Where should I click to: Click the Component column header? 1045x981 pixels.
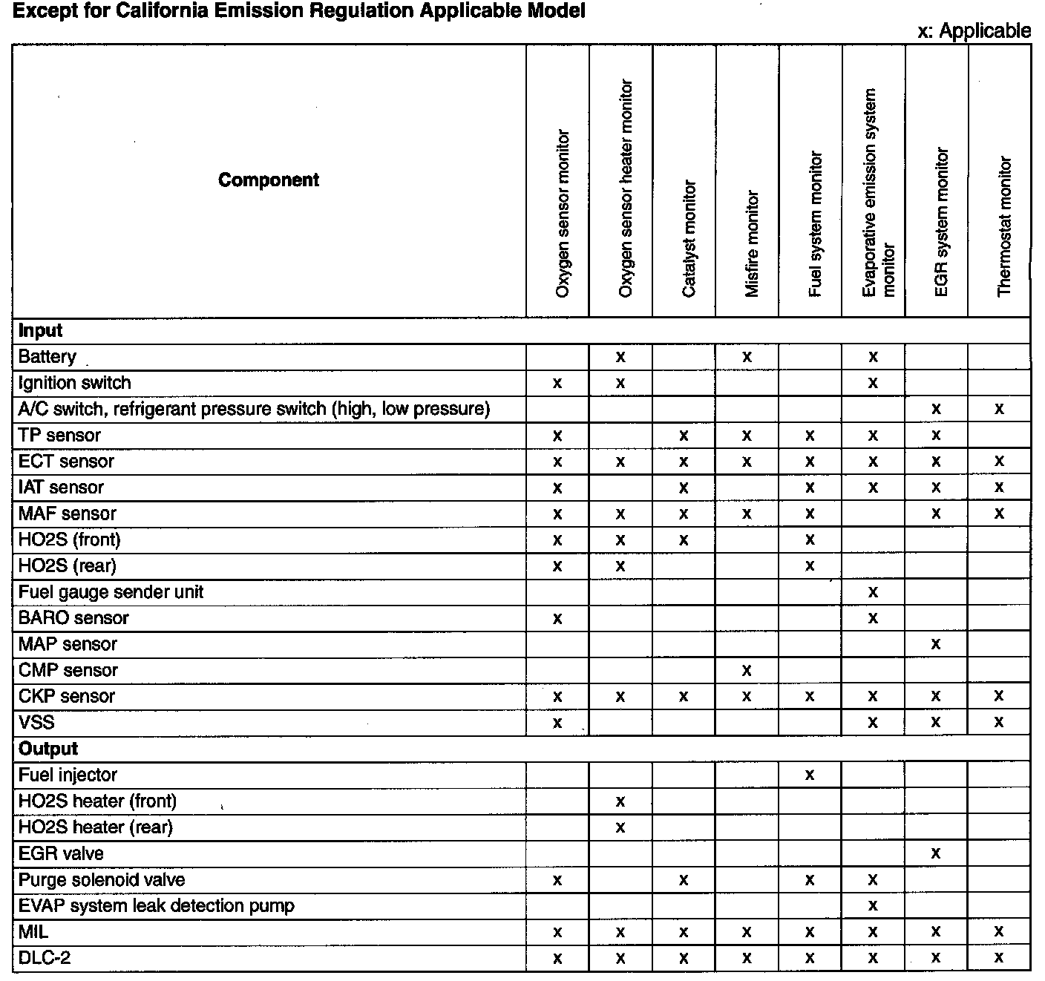tap(269, 180)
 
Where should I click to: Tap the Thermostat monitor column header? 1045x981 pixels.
tap(1005, 226)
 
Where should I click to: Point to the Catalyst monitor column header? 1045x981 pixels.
tap(689, 239)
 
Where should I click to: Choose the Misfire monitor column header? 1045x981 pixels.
tap(752, 244)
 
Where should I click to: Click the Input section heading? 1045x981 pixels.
tap(40, 331)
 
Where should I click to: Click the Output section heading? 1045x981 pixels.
tap(48, 749)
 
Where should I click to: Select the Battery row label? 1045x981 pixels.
tap(47, 357)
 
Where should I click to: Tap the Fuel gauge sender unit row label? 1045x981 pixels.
tap(111, 592)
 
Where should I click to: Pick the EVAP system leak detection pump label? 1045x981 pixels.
tap(156, 906)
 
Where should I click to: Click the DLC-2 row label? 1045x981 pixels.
tap(45, 958)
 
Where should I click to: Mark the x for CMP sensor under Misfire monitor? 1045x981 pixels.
tap(747, 671)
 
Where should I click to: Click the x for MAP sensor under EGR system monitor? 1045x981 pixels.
tap(936, 644)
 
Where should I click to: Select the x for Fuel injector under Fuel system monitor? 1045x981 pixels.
tap(810, 775)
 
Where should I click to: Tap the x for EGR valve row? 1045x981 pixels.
tap(936, 853)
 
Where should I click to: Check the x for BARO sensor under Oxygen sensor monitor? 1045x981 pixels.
tap(557, 618)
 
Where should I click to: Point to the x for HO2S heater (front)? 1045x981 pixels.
tap(620, 801)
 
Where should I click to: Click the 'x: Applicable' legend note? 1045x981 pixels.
tap(974, 30)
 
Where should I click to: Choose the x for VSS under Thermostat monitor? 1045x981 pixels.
tap(999, 722)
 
